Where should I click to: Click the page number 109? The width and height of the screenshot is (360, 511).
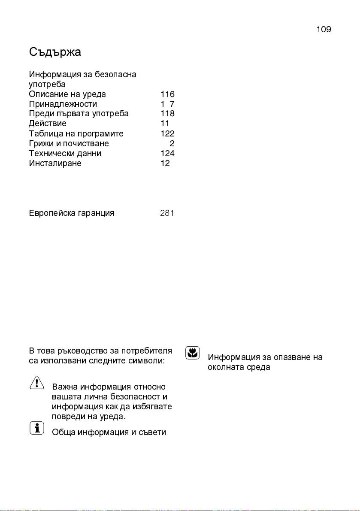click(x=324, y=30)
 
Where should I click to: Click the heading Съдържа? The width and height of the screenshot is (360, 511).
click(x=55, y=52)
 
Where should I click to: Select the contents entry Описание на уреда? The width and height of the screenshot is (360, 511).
click(x=67, y=94)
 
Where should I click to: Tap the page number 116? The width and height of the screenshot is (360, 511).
click(x=167, y=94)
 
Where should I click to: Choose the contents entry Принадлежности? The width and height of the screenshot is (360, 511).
click(x=63, y=104)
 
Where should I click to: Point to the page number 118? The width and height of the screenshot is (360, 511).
click(x=167, y=114)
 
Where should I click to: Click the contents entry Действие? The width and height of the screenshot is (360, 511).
click(x=48, y=124)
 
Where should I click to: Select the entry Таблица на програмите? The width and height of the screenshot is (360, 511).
click(x=76, y=133)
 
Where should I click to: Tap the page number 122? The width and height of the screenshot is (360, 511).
click(x=167, y=133)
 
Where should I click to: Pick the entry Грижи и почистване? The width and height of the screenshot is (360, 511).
click(x=69, y=143)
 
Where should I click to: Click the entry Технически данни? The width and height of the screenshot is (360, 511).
click(x=65, y=153)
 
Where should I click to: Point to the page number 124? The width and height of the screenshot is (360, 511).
click(x=167, y=153)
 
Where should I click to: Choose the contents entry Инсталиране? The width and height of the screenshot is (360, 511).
click(x=55, y=163)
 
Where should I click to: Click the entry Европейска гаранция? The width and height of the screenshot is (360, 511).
click(x=71, y=213)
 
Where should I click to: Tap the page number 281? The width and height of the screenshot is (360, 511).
click(x=167, y=213)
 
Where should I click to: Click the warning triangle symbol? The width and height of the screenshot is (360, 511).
click(x=37, y=382)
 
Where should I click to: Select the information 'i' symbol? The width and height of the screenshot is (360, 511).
click(x=37, y=428)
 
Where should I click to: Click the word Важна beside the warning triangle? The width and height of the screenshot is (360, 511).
click(x=65, y=387)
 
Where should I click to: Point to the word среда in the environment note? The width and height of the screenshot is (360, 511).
click(x=258, y=367)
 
